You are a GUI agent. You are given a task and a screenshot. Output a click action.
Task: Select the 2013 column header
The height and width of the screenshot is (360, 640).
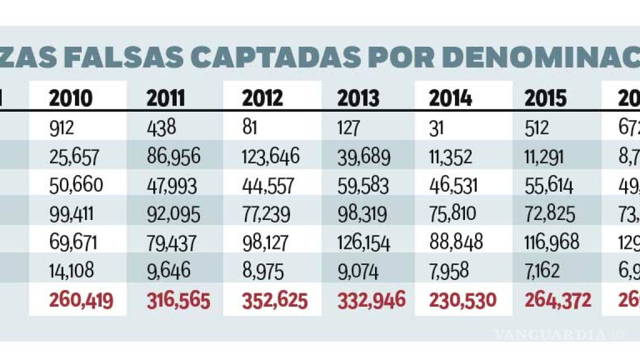pos(358,99)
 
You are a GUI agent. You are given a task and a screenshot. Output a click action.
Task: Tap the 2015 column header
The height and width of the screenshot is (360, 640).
pos(546,99)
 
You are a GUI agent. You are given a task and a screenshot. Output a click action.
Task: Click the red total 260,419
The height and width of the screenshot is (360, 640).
pos(81,301)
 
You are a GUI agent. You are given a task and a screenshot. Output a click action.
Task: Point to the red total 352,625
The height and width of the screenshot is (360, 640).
pos(274,301)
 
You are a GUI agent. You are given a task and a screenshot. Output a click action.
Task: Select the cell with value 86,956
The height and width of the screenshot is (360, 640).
pos(173,157)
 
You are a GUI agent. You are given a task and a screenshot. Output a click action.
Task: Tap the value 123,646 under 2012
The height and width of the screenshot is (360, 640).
pos(271,157)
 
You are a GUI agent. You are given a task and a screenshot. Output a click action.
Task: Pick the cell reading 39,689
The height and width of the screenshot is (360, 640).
pos(364,157)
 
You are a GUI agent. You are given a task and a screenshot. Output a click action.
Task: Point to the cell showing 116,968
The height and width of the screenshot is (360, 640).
pos(552,242)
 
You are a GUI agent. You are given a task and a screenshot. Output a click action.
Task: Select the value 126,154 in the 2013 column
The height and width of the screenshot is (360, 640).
pos(364,242)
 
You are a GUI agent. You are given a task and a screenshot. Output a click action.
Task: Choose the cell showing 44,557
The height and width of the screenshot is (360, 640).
pos(268,185)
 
